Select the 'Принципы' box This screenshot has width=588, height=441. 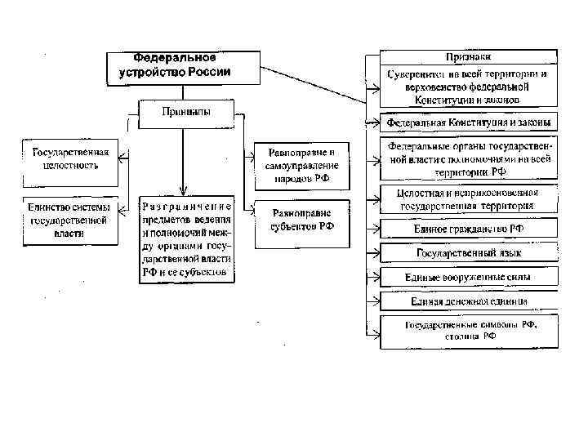[x=185, y=113]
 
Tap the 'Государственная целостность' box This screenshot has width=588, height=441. [x=70, y=158]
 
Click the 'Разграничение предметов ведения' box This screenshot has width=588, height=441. [x=186, y=238]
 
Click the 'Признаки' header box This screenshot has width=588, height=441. [x=468, y=58]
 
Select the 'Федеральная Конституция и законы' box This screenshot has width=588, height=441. [x=469, y=122]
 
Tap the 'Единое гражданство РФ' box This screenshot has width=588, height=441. [x=469, y=230]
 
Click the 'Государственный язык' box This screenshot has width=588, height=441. [x=469, y=253]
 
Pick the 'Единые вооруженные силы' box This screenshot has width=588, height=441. [x=469, y=278]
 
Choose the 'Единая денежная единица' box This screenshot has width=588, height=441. [x=469, y=301]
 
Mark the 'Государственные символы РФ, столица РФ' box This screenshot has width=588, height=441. [x=469, y=330]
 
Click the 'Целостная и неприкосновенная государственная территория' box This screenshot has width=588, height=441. [x=469, y=200]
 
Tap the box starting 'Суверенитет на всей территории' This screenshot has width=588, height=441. [x=469, y=87]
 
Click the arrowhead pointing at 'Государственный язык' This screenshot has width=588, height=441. [x=377, y=253]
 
